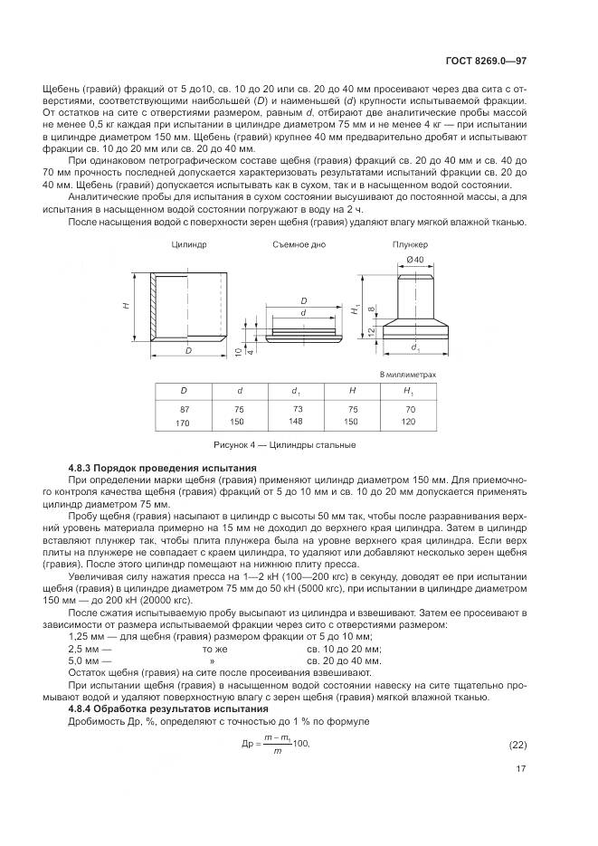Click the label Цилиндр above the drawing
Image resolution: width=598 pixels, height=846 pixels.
pyautogui.click(x=188, y=245)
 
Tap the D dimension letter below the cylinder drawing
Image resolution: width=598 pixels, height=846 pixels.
pyautogui.click(x=188, y=349)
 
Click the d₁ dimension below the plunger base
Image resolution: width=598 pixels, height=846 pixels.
pyautogui.click(x=414, y=347)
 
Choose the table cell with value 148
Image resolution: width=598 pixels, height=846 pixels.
pyautogui.click(x=296, y=420)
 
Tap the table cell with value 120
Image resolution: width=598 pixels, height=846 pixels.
pyautogui.click(x=408, y=422)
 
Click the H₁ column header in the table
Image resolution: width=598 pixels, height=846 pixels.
pyautogui.click(x=408, y=390)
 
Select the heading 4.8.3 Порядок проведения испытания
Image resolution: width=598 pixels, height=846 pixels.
pyautogui.click(x=163, y=467)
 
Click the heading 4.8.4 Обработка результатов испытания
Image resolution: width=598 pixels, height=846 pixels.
pyautogui.click(x=168, y=708)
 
